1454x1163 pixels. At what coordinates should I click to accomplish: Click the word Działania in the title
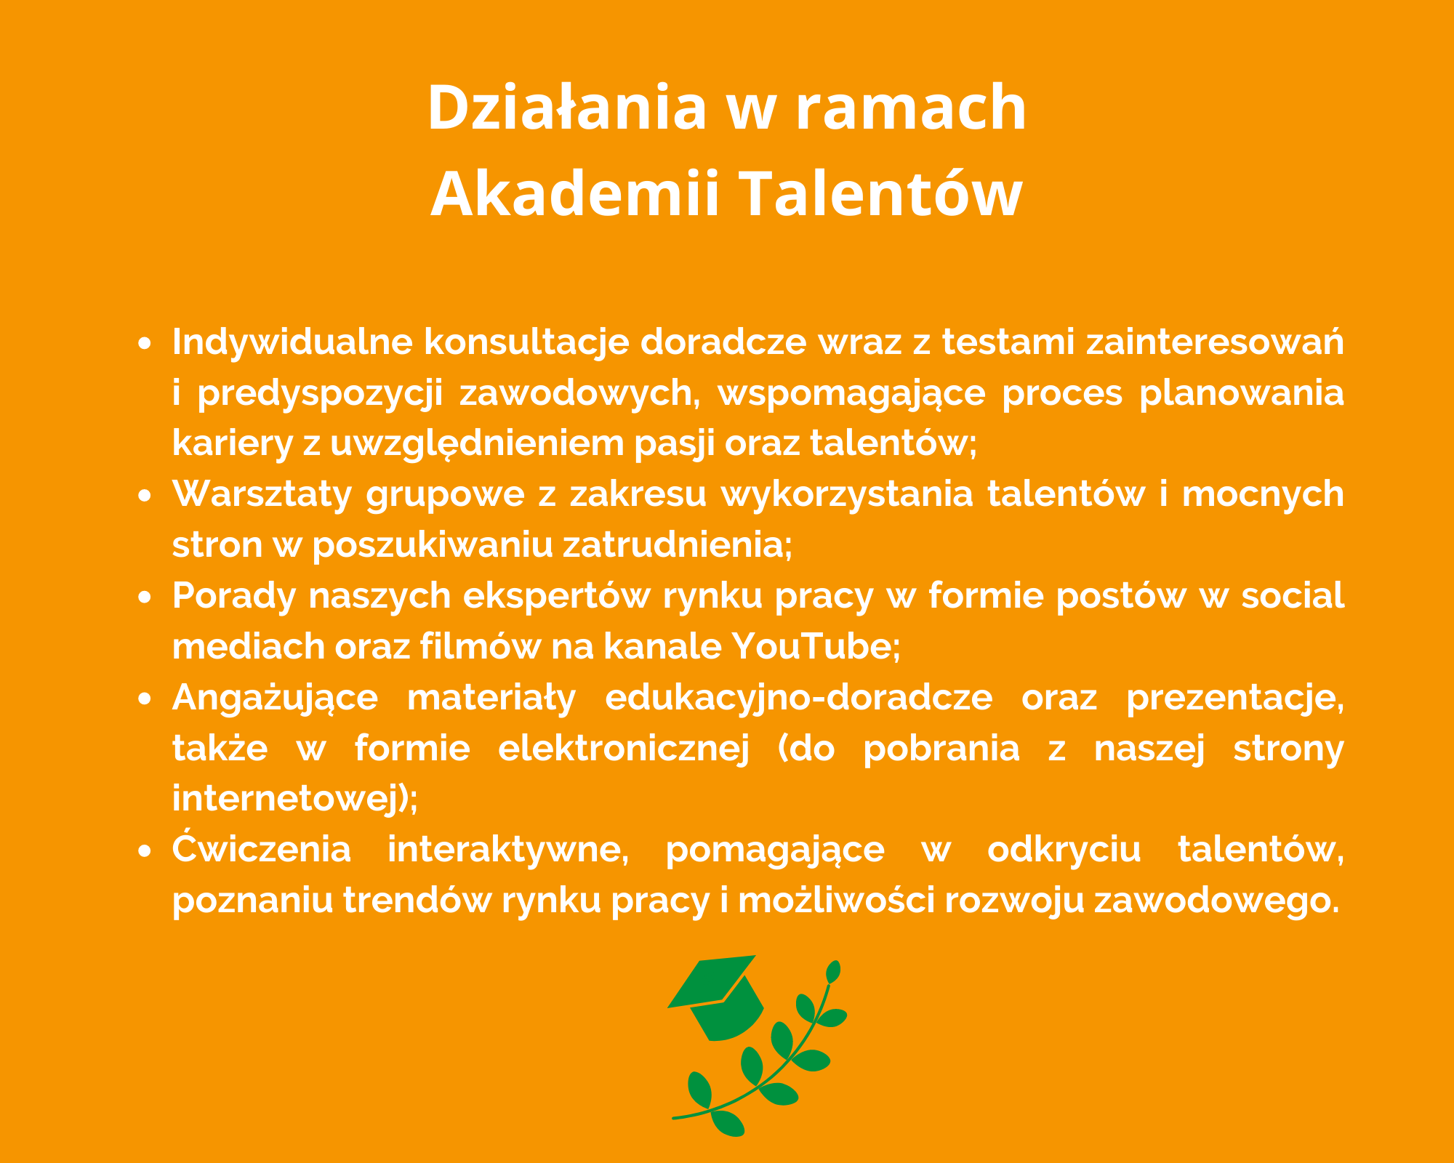pos(567,107)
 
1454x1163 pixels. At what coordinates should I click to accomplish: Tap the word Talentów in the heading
pos(881,194)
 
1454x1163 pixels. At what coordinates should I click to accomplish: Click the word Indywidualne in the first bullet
pos(292,342)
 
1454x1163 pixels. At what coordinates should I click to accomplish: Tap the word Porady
pos(234,596)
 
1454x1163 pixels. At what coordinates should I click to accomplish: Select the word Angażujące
pos(275,698)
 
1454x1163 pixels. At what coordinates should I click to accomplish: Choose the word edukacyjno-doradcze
pos(798,698)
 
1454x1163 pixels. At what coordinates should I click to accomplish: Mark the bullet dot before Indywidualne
pos(145,344)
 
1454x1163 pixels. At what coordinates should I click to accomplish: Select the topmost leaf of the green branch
pos(833,971)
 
